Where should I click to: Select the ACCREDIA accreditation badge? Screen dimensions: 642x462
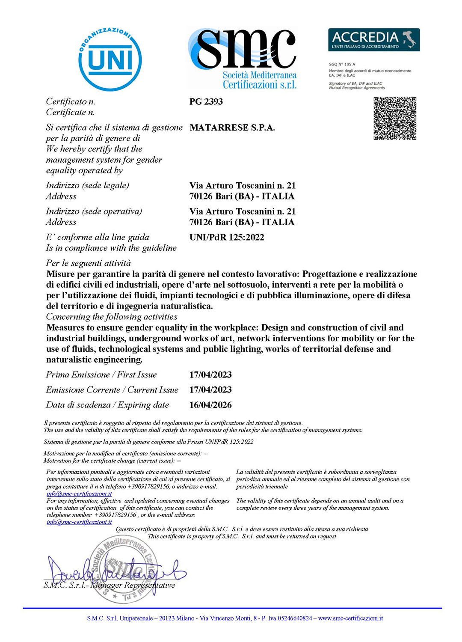373,40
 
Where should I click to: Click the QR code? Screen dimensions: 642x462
395,119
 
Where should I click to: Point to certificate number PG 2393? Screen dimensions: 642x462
206,102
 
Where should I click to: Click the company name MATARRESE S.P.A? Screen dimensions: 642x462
232,128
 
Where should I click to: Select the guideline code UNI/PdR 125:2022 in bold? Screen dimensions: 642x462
227,238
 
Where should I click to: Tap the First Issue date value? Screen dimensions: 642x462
210,375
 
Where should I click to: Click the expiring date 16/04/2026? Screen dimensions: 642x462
210,405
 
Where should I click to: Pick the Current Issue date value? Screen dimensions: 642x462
210,390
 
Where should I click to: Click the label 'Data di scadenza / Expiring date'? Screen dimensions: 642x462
107,405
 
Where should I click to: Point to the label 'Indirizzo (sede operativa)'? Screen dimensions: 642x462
94,211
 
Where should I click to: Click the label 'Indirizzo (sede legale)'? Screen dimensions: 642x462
87,186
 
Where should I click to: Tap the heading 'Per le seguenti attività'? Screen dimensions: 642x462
88,263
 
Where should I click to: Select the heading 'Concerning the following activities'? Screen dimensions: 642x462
112,317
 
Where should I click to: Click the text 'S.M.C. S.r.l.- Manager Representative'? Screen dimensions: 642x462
109,585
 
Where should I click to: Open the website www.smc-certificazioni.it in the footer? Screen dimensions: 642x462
350,618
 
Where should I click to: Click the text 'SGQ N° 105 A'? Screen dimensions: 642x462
342,64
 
